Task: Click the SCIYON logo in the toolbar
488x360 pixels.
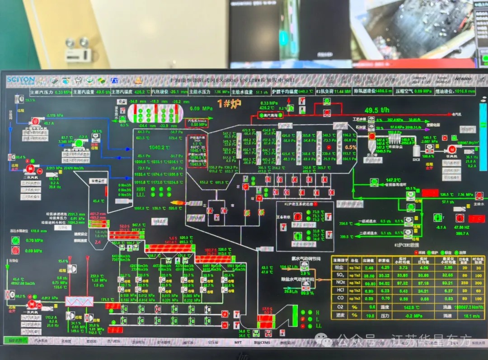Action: (x=20, y=80)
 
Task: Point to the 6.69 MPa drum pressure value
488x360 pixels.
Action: (x=202, y=108)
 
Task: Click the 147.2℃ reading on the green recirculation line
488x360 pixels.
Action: (x=394, y=180)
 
